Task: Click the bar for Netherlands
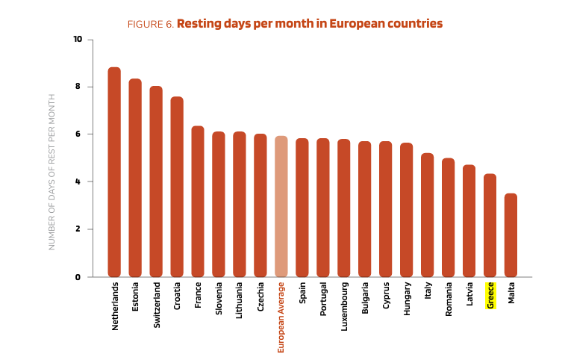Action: click(x=114, y=172)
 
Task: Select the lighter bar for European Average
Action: click(x=281, y=206)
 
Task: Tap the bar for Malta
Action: click(x=511, y=235)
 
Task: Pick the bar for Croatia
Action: click(x=177, y=187)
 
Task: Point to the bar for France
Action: click(x=198, y=202)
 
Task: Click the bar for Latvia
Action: click(x=469, y=221)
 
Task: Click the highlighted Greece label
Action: click(x=490, y=295)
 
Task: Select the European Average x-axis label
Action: click(x=281, y=317)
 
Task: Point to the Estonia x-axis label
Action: click(x=135, y=297)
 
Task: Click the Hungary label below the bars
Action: click(x=407, y=299)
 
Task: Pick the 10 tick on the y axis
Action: click(x=78, y=39)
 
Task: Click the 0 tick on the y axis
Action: click(x=78, y=277)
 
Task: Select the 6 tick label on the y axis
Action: click(x=78, y=134)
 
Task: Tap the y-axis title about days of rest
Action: click(x=52, y=172)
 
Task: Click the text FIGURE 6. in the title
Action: click(x=151, y=25)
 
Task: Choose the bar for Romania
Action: click(x=448, y=217)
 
